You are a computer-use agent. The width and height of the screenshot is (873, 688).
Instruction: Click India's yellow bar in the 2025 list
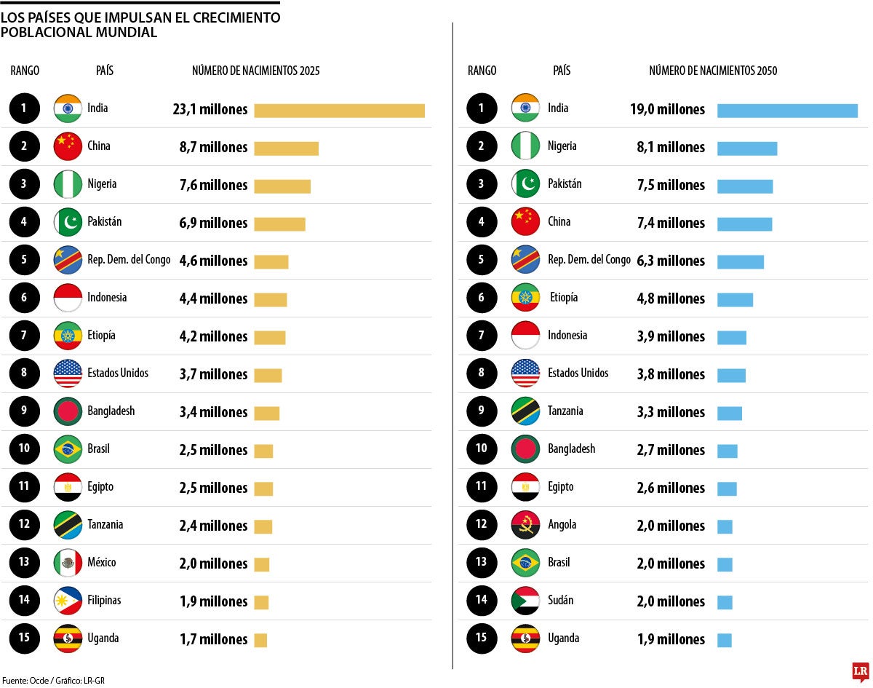tap(339, 110)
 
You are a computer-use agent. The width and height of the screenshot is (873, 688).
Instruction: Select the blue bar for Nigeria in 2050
tap(747, 148)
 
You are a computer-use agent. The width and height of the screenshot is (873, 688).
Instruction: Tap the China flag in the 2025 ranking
tap(68, 146)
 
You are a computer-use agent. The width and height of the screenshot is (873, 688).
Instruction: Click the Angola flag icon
tap(525, 525)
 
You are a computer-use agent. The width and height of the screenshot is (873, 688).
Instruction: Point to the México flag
tap(68, 563)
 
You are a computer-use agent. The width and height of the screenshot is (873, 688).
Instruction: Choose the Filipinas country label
tap(104, 600)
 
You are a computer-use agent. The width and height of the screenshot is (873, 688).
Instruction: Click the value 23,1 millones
tap(210, 110)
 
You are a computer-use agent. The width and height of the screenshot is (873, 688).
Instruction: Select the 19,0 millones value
tap(667, 110)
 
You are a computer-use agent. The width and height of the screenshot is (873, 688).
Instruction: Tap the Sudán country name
tap(560, 600)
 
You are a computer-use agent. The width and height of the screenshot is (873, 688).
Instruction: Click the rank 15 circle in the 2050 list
tap(482, 638)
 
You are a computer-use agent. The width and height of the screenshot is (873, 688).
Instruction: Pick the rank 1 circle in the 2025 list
tap(24, 108)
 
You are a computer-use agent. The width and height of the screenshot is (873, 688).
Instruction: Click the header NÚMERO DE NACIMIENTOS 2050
tap(713, 71)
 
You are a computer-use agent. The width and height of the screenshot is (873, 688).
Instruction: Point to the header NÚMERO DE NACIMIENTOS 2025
tap(255, 71)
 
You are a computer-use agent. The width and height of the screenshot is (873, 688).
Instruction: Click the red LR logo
tap(861, 671)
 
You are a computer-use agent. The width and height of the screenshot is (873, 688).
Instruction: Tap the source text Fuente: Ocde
tap(25, 681)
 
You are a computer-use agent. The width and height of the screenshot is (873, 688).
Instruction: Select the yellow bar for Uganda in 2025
tap(260, 640)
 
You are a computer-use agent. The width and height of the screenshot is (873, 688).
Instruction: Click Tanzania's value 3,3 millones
tap(671, 412)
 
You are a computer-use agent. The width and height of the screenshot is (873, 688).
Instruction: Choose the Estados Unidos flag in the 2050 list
tap(525, 373)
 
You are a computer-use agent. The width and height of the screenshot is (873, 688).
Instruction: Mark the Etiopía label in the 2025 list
tap(101, 335)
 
